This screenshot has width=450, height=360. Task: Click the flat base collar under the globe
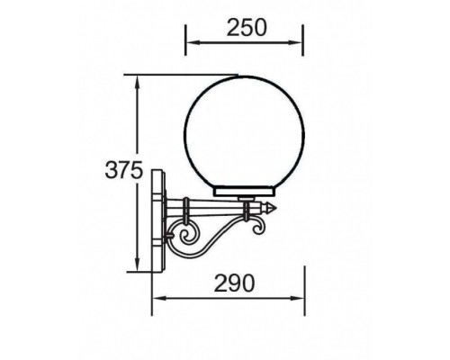244,193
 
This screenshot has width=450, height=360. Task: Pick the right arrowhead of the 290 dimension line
301,298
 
